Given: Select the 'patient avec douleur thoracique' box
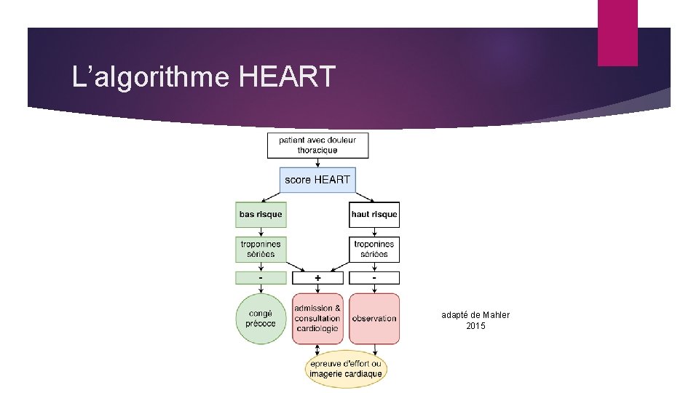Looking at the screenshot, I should point(317,145).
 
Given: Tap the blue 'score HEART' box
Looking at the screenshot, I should point(317,179).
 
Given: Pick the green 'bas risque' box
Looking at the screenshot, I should point(261,214).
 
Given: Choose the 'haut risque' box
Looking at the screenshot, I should point(374,214).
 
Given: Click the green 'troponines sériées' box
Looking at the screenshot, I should point(261,249).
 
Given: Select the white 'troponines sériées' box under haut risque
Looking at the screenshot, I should point(374,249).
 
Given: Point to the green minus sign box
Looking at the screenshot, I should point(261,278).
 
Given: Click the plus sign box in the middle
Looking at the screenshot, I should point(317,278).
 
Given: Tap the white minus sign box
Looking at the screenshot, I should point(374,278).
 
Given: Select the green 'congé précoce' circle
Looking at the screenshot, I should point(261,318).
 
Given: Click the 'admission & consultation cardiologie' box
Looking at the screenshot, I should point(317,318).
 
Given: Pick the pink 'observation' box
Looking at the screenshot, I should point(374,318).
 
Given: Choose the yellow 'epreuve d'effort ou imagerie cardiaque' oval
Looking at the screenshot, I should point(345,369).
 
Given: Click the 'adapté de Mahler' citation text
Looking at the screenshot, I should point(475,314).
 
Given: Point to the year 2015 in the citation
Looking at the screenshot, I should point(475,326).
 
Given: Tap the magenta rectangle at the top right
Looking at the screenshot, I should point(617,33).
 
